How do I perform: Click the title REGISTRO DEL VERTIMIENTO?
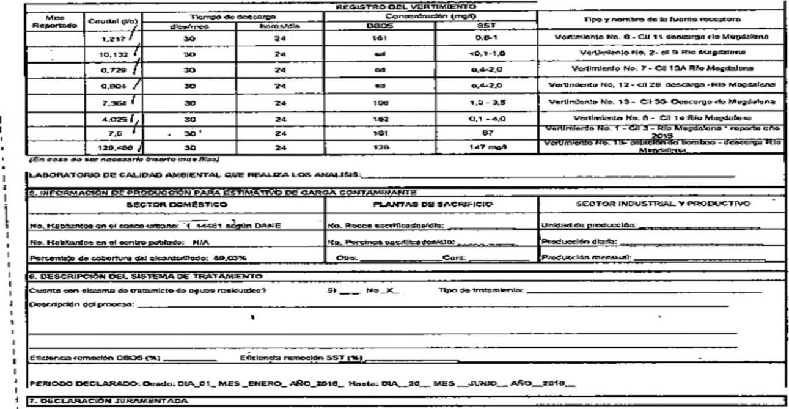tap(419, 6)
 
